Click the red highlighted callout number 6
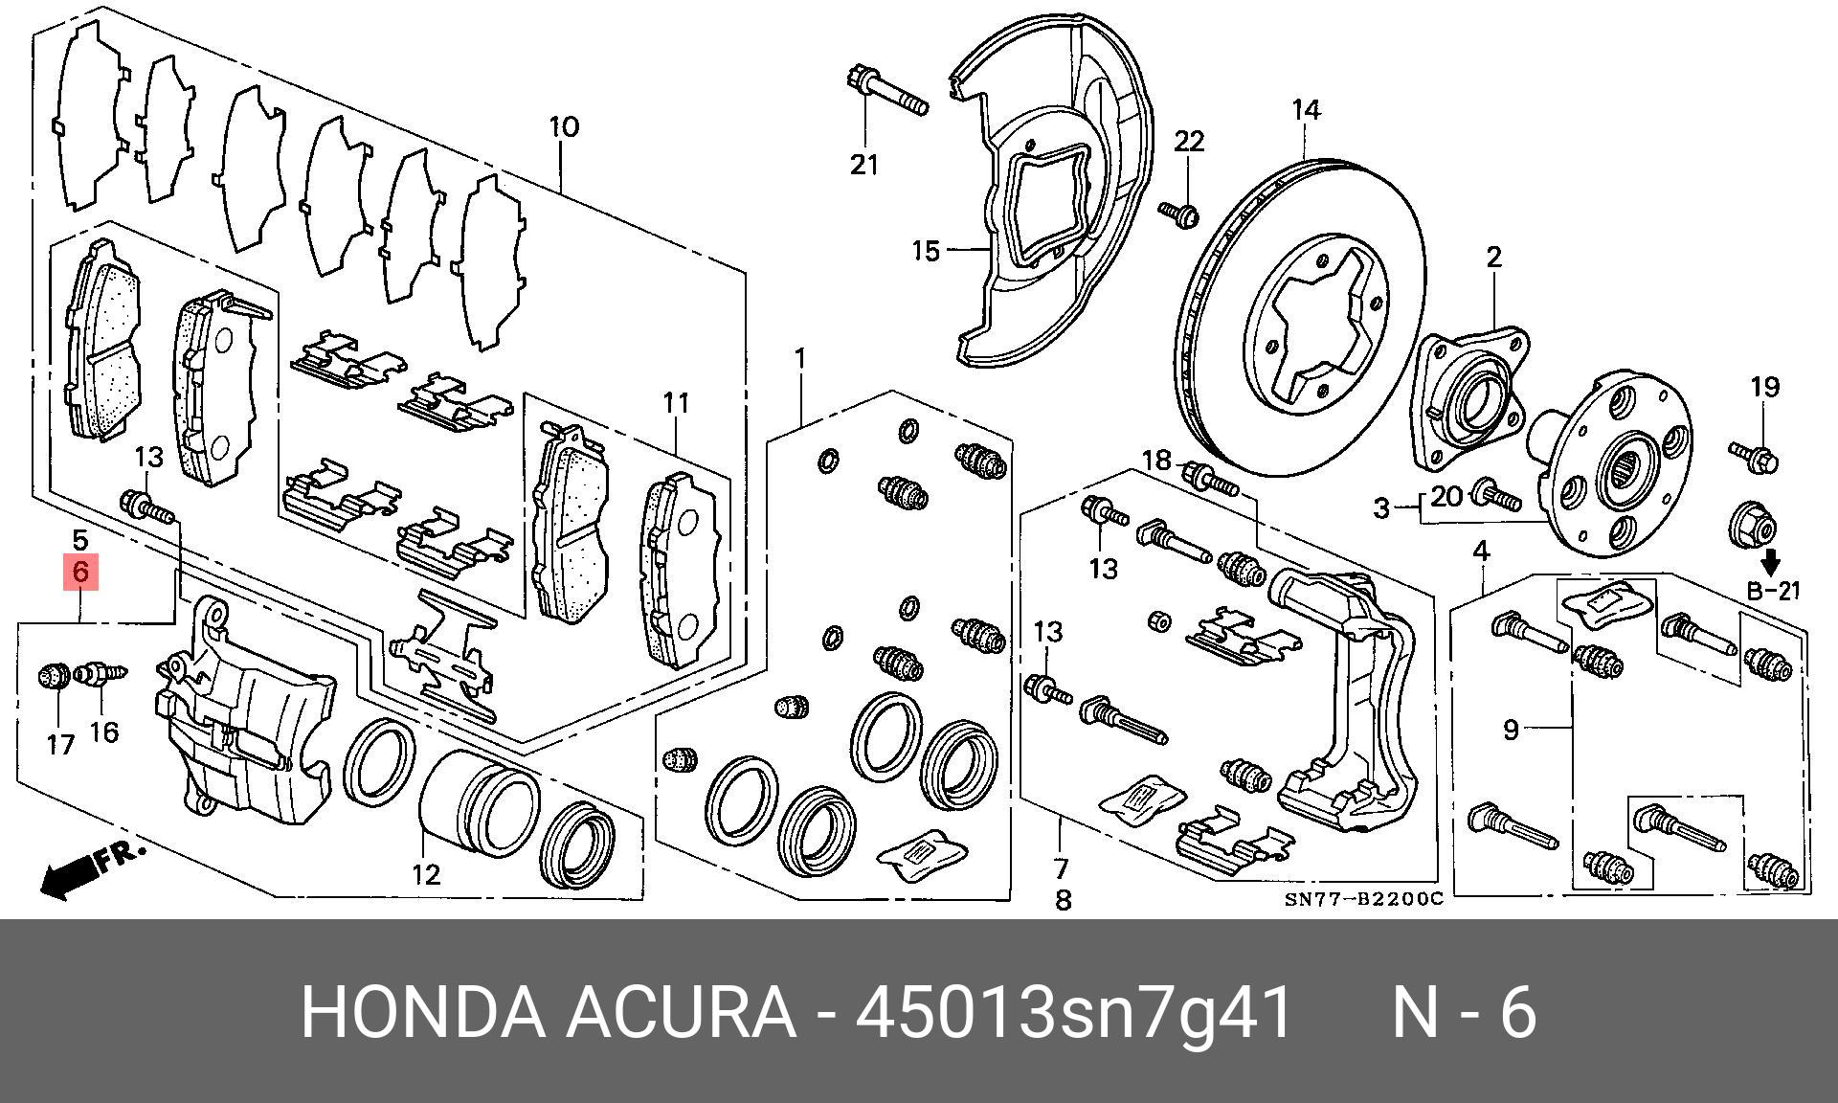tap(80, 573)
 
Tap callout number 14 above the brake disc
tap(1306, 110)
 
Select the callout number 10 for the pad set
tap(564, 126)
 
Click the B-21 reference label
tap(1773, 592)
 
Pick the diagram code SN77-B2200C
tap(1363, 899)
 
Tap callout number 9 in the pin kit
tap(1511, 730)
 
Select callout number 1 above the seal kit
tap(799, 360)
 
